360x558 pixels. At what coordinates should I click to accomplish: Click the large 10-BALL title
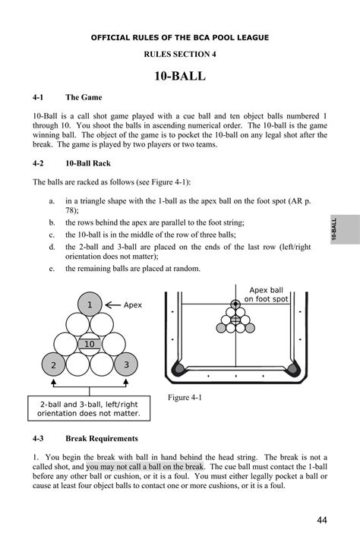(180, 77)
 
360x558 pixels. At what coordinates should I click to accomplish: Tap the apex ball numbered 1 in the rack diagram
(90, 305)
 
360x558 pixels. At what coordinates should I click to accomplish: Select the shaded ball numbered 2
(53, 365)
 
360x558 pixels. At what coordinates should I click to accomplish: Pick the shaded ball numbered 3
(126, 365)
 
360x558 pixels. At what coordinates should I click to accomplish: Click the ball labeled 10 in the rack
(90, 345)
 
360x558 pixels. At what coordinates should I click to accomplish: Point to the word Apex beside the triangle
(133, 305)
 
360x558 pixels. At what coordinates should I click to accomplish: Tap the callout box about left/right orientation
(90, 409)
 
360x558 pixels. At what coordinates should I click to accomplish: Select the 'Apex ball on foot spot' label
(266, 295)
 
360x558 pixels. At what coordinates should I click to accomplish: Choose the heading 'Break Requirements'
(102, 439)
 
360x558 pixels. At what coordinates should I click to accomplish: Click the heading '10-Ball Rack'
(92, 162)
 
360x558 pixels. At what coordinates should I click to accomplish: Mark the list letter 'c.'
(50, 235)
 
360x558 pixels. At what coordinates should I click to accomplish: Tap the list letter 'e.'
(50, 268)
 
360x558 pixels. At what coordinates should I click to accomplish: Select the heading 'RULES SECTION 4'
(180, 54)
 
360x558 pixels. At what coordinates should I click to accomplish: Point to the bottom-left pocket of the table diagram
(177, 370)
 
